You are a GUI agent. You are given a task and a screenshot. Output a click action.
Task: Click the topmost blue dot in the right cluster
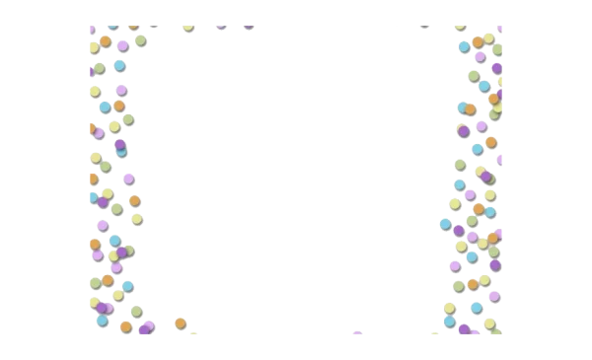coord(465,46)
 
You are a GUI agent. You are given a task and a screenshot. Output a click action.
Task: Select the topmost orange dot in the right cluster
coord(479,42)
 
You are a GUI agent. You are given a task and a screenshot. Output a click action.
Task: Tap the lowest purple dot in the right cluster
coord(465,329)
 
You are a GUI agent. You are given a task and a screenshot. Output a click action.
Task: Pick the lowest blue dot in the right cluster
coord(450,322)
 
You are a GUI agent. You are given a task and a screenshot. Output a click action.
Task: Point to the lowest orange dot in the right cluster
coord(473,285)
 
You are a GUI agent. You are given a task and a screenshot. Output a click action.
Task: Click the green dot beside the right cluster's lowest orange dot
coord(459,287)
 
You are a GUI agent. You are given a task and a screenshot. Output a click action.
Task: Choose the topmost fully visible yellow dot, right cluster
coord(488,37)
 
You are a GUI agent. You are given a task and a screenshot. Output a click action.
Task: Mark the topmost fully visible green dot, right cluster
coord(497,49)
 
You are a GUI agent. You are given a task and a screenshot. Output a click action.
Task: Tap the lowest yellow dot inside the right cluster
coord(489,324)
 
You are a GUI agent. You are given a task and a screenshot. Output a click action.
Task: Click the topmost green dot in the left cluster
coord(141,39)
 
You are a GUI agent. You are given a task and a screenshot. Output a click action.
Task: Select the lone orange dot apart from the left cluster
coord(181,324)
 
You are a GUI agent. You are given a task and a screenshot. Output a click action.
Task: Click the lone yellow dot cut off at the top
coord(188,27)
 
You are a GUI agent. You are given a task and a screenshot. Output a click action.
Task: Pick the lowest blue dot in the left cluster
coord(102,321)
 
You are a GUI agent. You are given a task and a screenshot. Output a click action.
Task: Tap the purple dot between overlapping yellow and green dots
coord(121,252)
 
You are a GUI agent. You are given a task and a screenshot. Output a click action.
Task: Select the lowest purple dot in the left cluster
coord(145,330)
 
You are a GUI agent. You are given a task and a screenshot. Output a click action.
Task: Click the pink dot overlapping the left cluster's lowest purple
coord(150,324)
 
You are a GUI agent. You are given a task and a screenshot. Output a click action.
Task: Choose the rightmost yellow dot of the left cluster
coord(136,219)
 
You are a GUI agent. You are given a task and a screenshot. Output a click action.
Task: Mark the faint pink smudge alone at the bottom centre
coord(356,334)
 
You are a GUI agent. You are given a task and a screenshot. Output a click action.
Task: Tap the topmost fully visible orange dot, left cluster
coord(106,41)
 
